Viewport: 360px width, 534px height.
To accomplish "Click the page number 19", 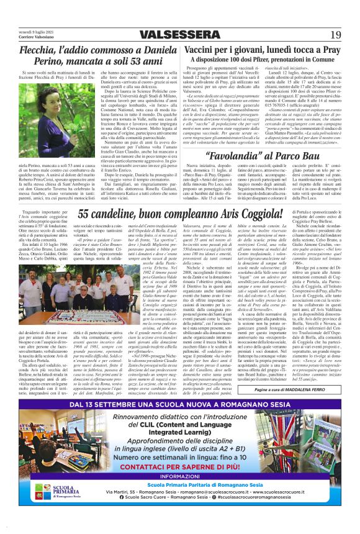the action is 335,35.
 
